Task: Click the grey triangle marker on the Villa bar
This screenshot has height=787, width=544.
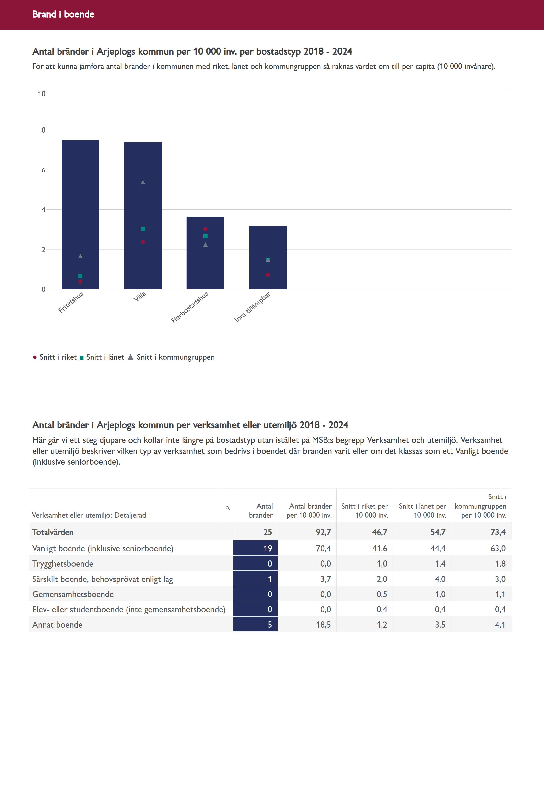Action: click(143, 182)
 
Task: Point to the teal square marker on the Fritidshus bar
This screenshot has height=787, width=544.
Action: click(81, 276)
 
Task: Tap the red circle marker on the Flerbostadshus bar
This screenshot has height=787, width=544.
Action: click(205, 229)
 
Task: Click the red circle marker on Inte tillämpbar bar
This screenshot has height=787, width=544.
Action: click(268, 275)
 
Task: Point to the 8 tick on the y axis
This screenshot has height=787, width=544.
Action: click(43, 130)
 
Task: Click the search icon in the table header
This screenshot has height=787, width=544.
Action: click(228, 508)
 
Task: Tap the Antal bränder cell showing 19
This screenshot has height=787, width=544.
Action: click(255, 548)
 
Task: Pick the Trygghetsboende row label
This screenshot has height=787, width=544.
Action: click(63, 564)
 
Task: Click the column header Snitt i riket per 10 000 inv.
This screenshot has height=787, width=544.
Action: click(364, 510)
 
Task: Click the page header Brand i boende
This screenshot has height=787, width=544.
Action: click(63, 14)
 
